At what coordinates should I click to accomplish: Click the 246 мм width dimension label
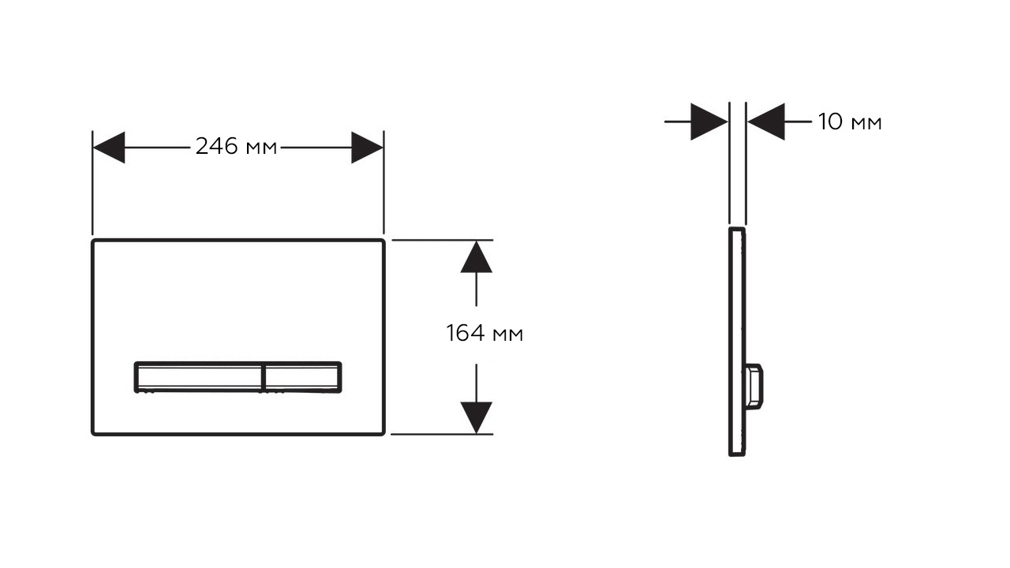[237, 147]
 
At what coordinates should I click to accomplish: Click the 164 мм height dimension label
[484, 334]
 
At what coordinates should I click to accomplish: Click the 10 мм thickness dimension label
[850, 122]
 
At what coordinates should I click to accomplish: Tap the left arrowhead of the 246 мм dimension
[109, 148]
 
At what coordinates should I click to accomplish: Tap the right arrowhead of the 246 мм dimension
[367, 148]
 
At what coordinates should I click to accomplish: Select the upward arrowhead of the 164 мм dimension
[476, 257]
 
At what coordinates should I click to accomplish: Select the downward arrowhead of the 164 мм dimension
[476, 417]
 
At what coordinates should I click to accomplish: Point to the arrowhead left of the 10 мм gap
[709, 121]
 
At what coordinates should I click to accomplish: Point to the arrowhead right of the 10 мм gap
[766, 121]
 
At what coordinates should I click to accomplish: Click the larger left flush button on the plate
[197, 376]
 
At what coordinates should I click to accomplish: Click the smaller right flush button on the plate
[302, 376]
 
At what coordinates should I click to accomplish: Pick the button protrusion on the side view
[754, 387]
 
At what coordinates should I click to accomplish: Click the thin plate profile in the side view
[736, 316]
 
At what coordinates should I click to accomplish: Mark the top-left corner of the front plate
[93, 240]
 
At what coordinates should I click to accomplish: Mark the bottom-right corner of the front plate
[383, 433]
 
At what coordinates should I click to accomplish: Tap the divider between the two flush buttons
[261, 377]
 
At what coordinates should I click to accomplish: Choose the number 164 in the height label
[466, 334]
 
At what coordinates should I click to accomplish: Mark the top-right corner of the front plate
[383, 240]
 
